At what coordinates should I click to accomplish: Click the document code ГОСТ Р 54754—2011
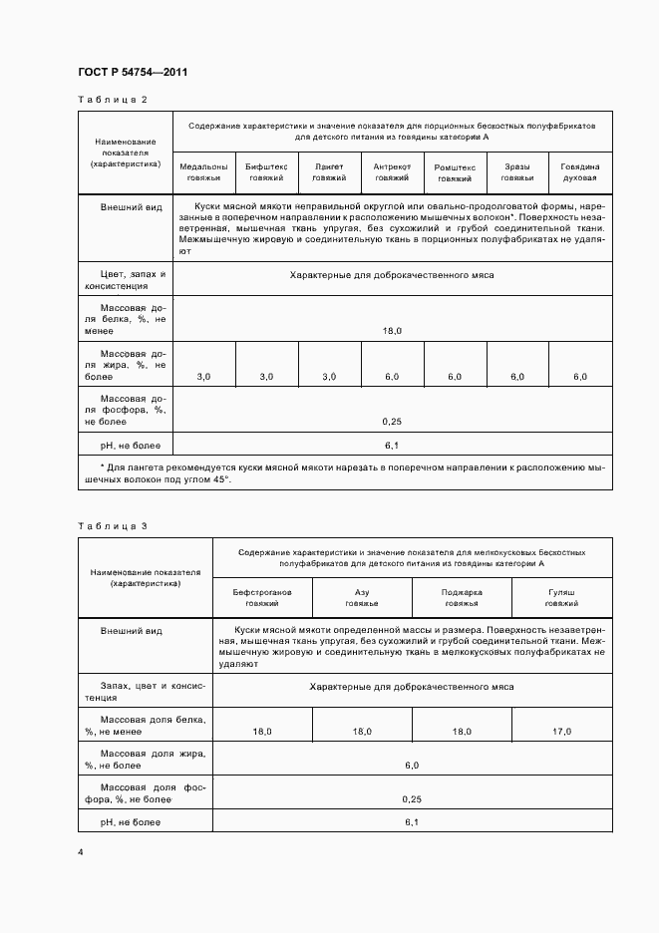[133, 72]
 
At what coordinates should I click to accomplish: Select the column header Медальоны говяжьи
[203, 171]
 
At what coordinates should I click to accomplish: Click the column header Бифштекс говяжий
[266, 171]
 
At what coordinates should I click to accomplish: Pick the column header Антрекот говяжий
[392, 171]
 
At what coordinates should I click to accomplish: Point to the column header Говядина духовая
[579, 171]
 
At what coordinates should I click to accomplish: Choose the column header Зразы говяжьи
[516, 171]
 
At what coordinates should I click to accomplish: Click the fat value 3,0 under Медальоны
[203, 376]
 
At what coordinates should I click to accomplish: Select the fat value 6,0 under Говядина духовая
[580, 376]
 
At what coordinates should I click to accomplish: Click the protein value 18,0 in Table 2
[392, 329]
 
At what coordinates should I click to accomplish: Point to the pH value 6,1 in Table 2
[392, 445]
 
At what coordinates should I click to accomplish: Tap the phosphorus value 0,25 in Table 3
[412, 798]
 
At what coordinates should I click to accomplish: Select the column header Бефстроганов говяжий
[262, 597]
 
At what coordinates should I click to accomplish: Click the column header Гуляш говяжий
[562, 597]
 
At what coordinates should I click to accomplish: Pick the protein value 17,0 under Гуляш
[562, 732]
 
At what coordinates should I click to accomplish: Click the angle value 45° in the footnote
[218, 478]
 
